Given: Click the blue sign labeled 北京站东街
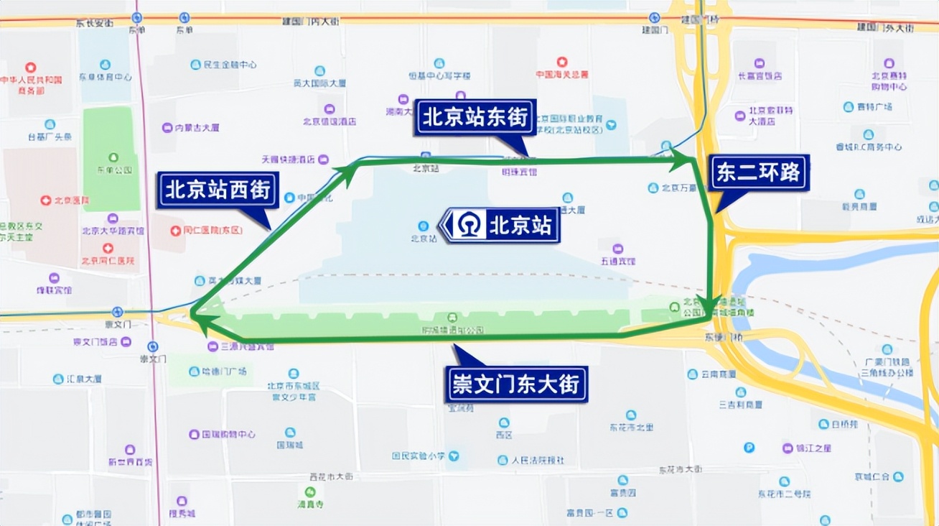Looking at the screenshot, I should tap(475, 118).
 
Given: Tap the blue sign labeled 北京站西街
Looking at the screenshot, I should tap(218, 190).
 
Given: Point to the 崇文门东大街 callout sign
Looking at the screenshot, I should tap(515, 384).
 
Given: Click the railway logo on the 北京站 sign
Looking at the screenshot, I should tap(471, 226).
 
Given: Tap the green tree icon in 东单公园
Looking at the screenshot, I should tap(113, 157).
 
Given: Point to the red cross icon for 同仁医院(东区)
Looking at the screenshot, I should tap(176, 231).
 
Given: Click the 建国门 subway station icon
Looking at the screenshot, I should tap(654, 18).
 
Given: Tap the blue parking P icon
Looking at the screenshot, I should tap(749, 448).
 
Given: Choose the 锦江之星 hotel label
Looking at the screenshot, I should tap(813, 448).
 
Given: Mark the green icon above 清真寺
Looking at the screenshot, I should tap(310, 492).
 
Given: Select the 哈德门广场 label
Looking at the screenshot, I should tap(226, 372).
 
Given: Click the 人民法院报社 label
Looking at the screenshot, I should tap(539, 460).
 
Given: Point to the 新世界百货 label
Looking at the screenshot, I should tap(130, 461).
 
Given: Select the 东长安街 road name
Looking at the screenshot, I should tap(94, 23).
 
